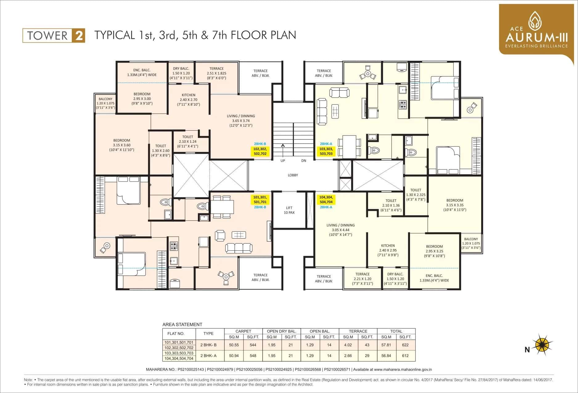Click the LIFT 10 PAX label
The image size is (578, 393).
click(x=289, y=210)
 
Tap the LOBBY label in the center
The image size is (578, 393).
click(x=293, y=175)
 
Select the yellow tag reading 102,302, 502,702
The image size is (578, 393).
click(x=260, y=151)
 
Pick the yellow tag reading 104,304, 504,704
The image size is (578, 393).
click(x=326, y=199)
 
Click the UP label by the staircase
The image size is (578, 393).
click(x=283, y=161)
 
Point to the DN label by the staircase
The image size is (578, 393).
click(x=304, y=161)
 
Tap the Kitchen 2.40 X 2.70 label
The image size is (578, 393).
click(x=188, y=100)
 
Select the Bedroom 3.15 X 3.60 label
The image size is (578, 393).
click(x=121, y=145)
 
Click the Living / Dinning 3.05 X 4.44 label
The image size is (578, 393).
click(x=340, y=230)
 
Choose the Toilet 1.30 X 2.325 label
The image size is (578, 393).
click(x=416, y=194)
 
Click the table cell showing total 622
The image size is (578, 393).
click(x=405, y=345)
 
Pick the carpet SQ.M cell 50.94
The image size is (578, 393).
click(x=234, y=355)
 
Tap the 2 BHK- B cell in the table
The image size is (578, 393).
click(x=208, y=345)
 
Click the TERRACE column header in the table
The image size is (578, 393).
click(x=358, y=331)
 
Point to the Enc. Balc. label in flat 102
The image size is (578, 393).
click(x=142, y=72)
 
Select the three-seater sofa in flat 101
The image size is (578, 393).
click(x=238, y=248)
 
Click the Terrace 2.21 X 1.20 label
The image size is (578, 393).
click(x=362, y=279)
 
